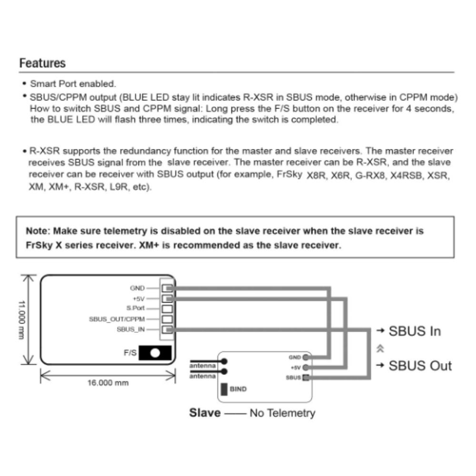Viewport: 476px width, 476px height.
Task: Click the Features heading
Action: click(x=43, y=63)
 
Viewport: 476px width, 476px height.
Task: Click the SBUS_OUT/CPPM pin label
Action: click(x=117, y=318)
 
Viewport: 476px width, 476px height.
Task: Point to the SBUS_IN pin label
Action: click(x=131, y=329)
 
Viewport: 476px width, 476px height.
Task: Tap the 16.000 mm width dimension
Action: click(x=108, y=383)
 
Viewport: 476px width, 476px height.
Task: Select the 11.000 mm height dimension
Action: click(x=22, y=320)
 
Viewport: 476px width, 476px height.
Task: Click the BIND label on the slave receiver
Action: click(x=238, y=389)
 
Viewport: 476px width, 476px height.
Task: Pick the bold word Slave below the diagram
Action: click(x=205, y=413)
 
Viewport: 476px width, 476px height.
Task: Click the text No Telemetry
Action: click(x=282, y=413)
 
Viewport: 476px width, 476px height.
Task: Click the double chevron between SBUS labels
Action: click(x=379, y=348)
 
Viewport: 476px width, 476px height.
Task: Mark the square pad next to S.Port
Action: click(x=167, y=308)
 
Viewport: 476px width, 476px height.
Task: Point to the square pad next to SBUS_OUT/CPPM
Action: click(x=167, y=319)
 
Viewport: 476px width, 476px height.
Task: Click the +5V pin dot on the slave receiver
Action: click(x=305, y=367)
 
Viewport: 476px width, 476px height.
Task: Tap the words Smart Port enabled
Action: click(x=73, y=84)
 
